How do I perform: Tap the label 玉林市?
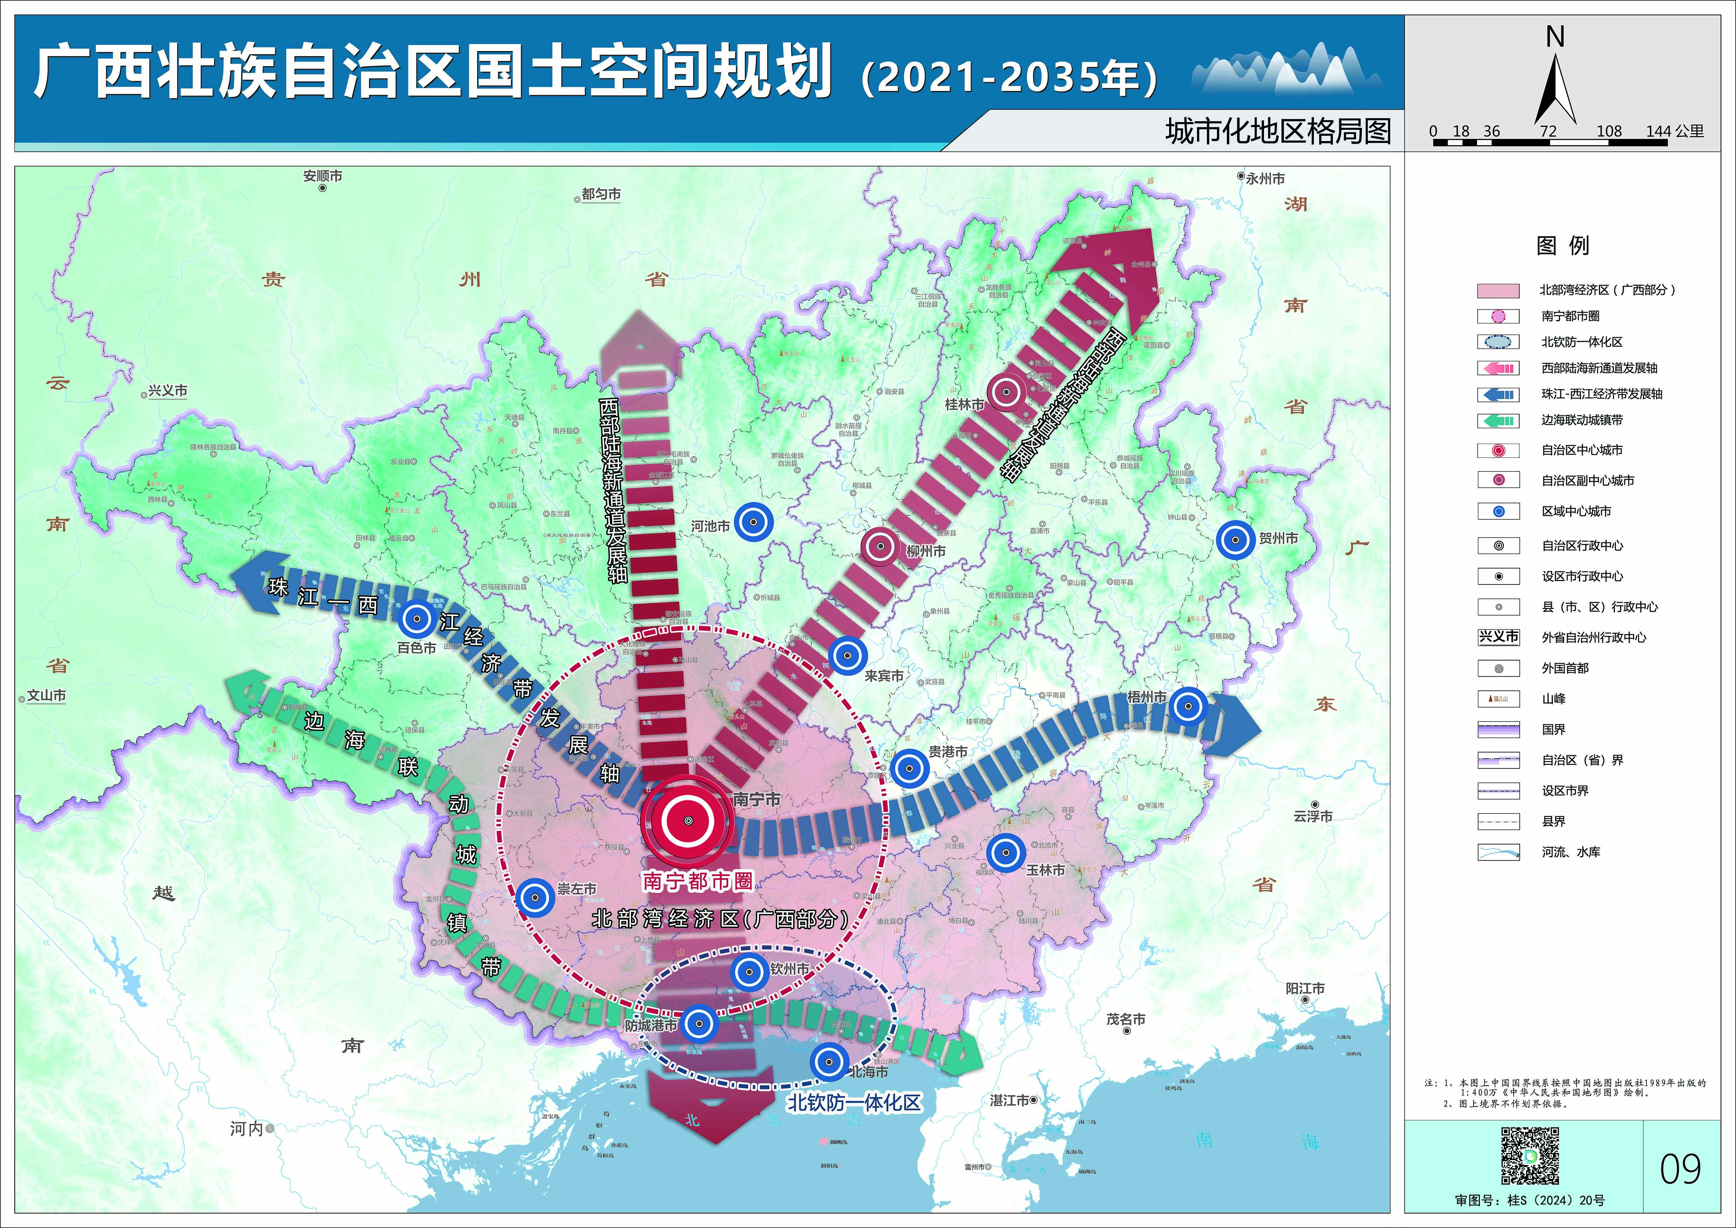coord(1045,870)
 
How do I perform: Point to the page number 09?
coord(1680,1169)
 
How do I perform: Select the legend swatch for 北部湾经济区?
coord(1498,290)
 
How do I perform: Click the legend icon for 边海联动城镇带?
coord(1498,420)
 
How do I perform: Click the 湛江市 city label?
coord(1009,1100)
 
